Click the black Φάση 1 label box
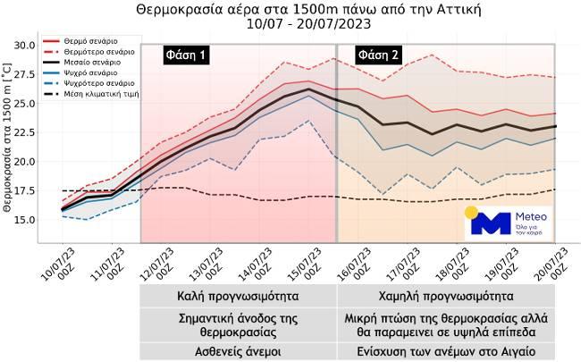point(185,55)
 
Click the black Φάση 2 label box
point(378,55)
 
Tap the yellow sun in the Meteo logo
point(471,214)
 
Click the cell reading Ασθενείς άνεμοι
point(238,349)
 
